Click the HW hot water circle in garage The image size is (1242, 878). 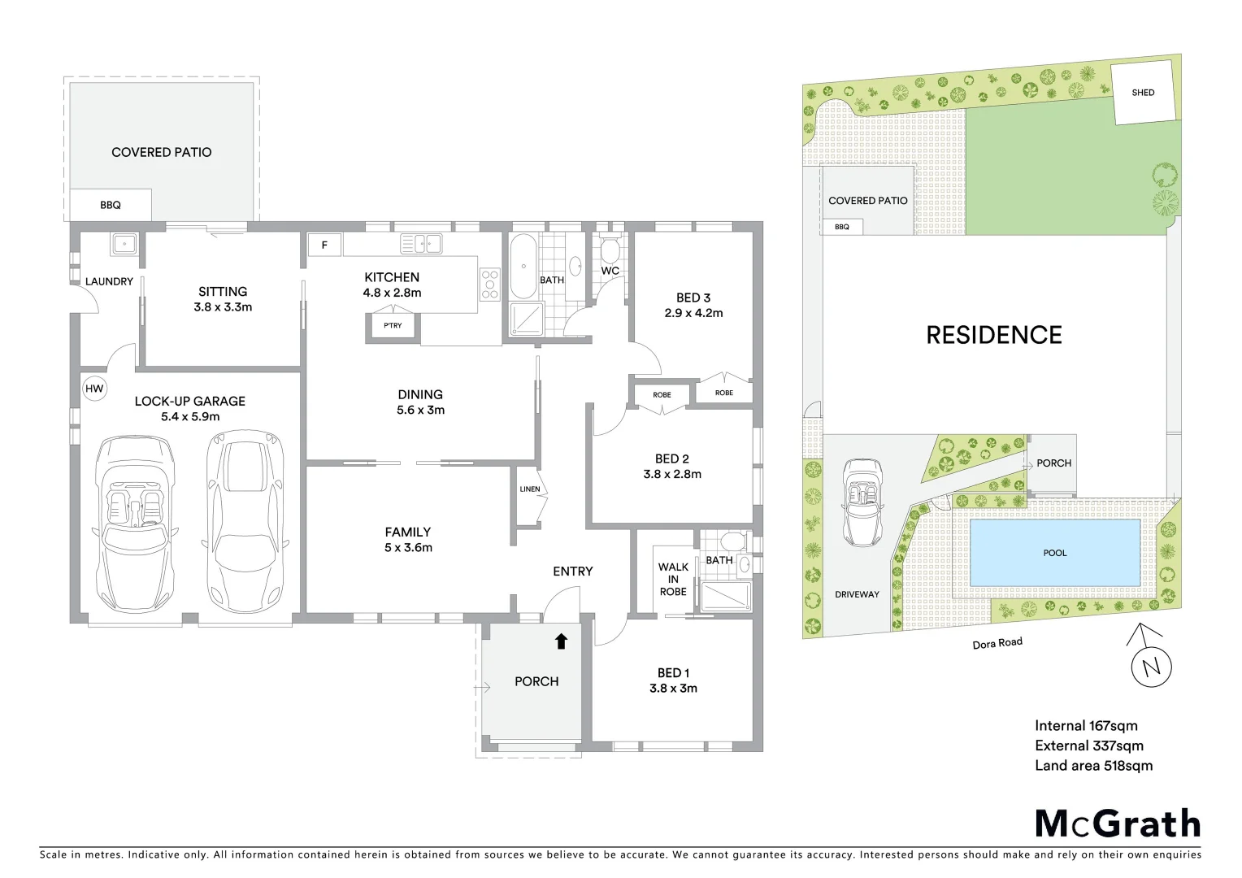point(95,389)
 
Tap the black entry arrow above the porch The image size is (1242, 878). point(561,641)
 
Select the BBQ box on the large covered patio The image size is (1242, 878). point(111,205)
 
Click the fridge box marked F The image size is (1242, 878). point(325,244)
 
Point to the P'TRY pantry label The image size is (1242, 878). point(393,326)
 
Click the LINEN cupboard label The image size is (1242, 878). point(529,489)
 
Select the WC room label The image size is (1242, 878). point(610,271)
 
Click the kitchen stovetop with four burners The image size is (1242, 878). point(490,285)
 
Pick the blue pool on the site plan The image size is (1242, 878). point(1054,553)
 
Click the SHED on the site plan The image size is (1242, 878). point(1143,93)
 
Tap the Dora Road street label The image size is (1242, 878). point(997,642)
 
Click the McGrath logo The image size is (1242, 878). point(1118,824)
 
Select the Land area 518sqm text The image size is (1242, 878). point(1093,765)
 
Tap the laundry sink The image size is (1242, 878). point(124,243)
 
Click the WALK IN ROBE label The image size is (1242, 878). point(673,579)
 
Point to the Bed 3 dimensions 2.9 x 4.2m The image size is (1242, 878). point(693,313)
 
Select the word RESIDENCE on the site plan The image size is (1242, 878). point(994,335)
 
